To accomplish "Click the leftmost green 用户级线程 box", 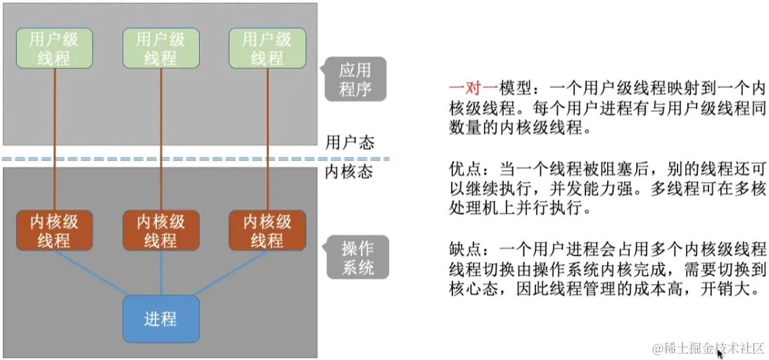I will tap(54, 48).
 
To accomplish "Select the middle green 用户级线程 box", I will tap(161, 48).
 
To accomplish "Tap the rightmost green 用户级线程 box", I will tap(267, 48).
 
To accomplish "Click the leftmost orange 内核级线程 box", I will tap(54, 231).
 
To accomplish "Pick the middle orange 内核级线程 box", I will tap(161, 231).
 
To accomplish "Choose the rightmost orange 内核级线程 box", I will tap(267, 231).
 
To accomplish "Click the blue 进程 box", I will tap(161, 319).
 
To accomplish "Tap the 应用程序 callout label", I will tap(355, 79).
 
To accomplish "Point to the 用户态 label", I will tap(350, 143).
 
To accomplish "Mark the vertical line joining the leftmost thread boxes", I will tap(54, 141).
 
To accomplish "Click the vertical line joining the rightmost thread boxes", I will tap(267, 141).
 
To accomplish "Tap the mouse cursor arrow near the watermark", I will tap(719, 353).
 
